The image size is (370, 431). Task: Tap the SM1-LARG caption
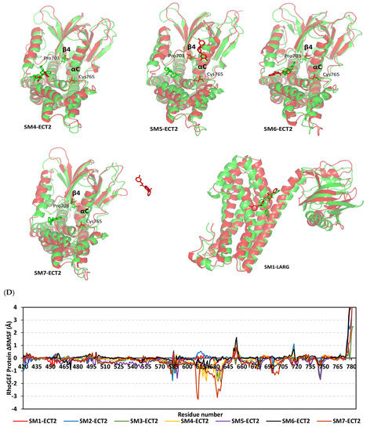click(274, 275)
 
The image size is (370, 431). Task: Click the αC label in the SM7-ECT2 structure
click(84, 212)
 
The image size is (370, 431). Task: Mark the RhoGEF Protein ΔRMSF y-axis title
click(9, 349)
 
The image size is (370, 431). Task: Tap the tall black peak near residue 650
click(236, 339)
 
